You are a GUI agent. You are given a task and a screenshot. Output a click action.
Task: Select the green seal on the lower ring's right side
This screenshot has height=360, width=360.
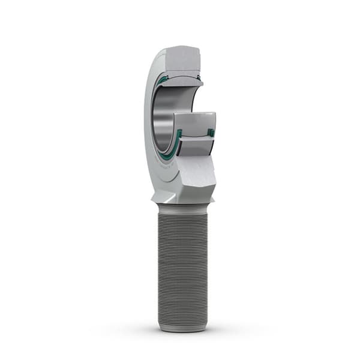click(211, 132)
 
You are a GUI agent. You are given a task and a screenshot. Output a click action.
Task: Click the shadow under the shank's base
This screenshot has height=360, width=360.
click(182, 332)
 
